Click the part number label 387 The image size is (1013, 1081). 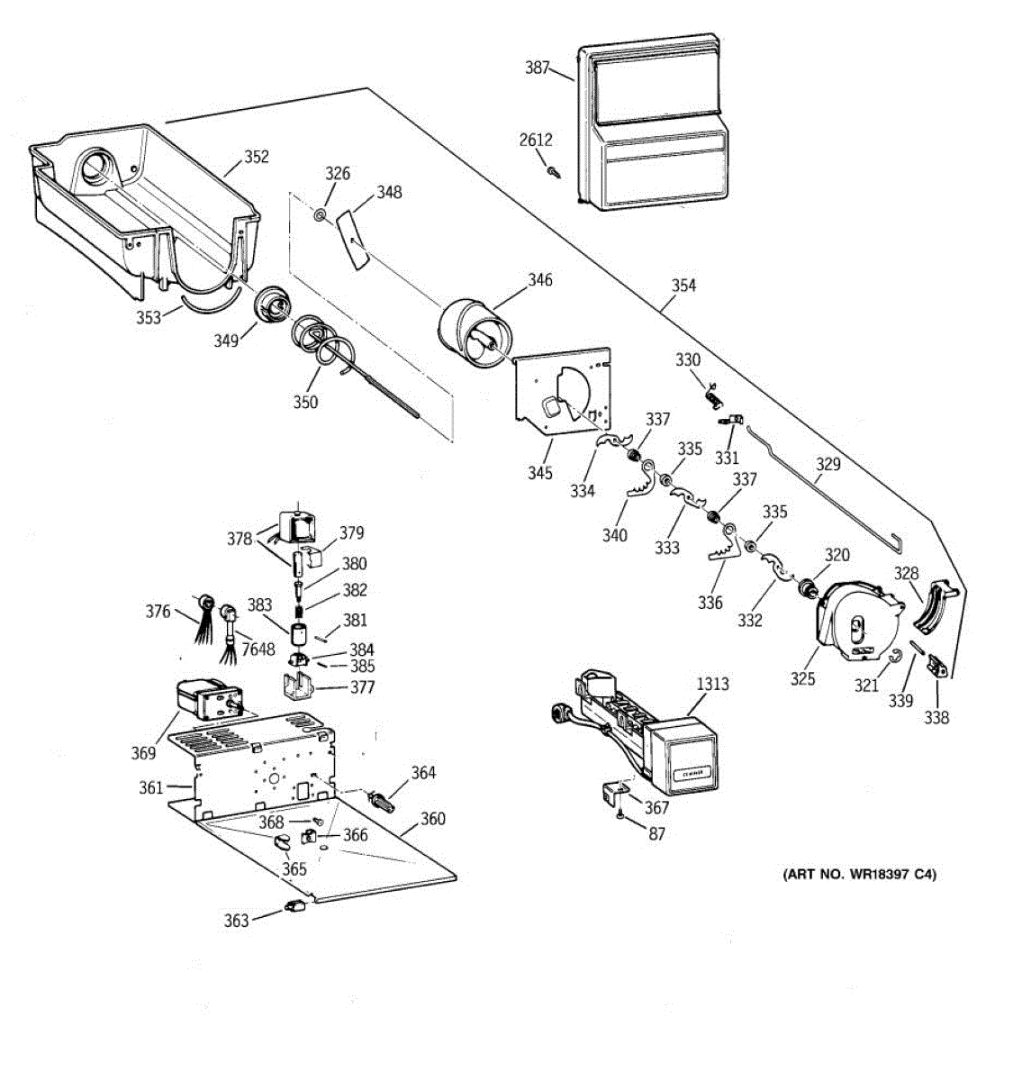(x=537, y=68)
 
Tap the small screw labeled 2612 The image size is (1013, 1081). (x=553, y=170)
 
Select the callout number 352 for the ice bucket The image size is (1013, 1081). (x=257, y=157)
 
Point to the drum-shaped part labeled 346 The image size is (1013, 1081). (x=473, y=332)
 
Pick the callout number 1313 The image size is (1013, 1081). (x=712, y=684)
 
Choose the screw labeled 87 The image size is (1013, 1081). (x=621, y=815)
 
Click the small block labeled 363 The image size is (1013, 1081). (x=294, y=907)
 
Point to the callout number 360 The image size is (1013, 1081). (x=432, y=819)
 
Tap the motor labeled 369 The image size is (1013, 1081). (x=203, y=700)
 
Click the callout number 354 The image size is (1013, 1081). (x=683, y=285)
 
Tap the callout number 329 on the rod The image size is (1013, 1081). (x=828, y=464)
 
